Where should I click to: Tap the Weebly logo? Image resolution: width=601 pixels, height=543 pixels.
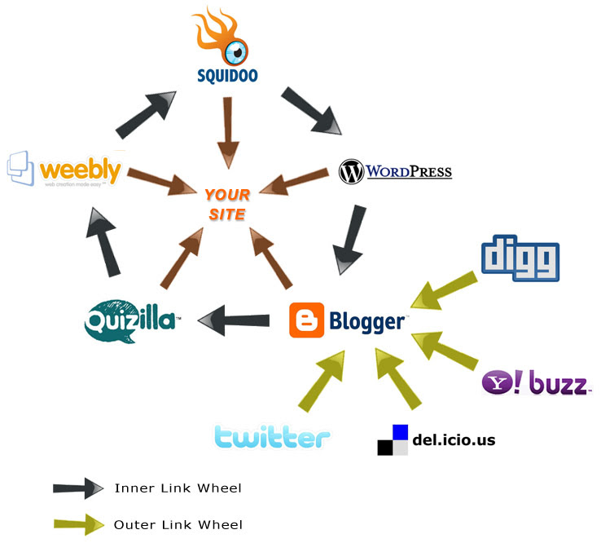click(64, 169)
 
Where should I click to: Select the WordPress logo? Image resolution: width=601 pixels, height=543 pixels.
click(395, 172)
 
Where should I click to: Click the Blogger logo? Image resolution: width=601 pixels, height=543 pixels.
click(348, 320)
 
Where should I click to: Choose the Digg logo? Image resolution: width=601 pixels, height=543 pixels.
click(520, 258)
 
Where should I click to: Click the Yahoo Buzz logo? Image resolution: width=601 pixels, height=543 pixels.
click(535, 382)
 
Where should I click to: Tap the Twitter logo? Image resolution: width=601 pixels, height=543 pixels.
click(272, 436)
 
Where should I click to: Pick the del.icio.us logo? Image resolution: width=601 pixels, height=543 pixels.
click(436, 440)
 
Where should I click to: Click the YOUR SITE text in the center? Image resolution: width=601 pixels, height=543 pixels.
click(226, 204)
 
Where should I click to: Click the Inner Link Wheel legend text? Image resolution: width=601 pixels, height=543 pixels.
click(178, 488)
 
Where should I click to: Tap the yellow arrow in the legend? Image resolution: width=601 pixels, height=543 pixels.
click(78, 525)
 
